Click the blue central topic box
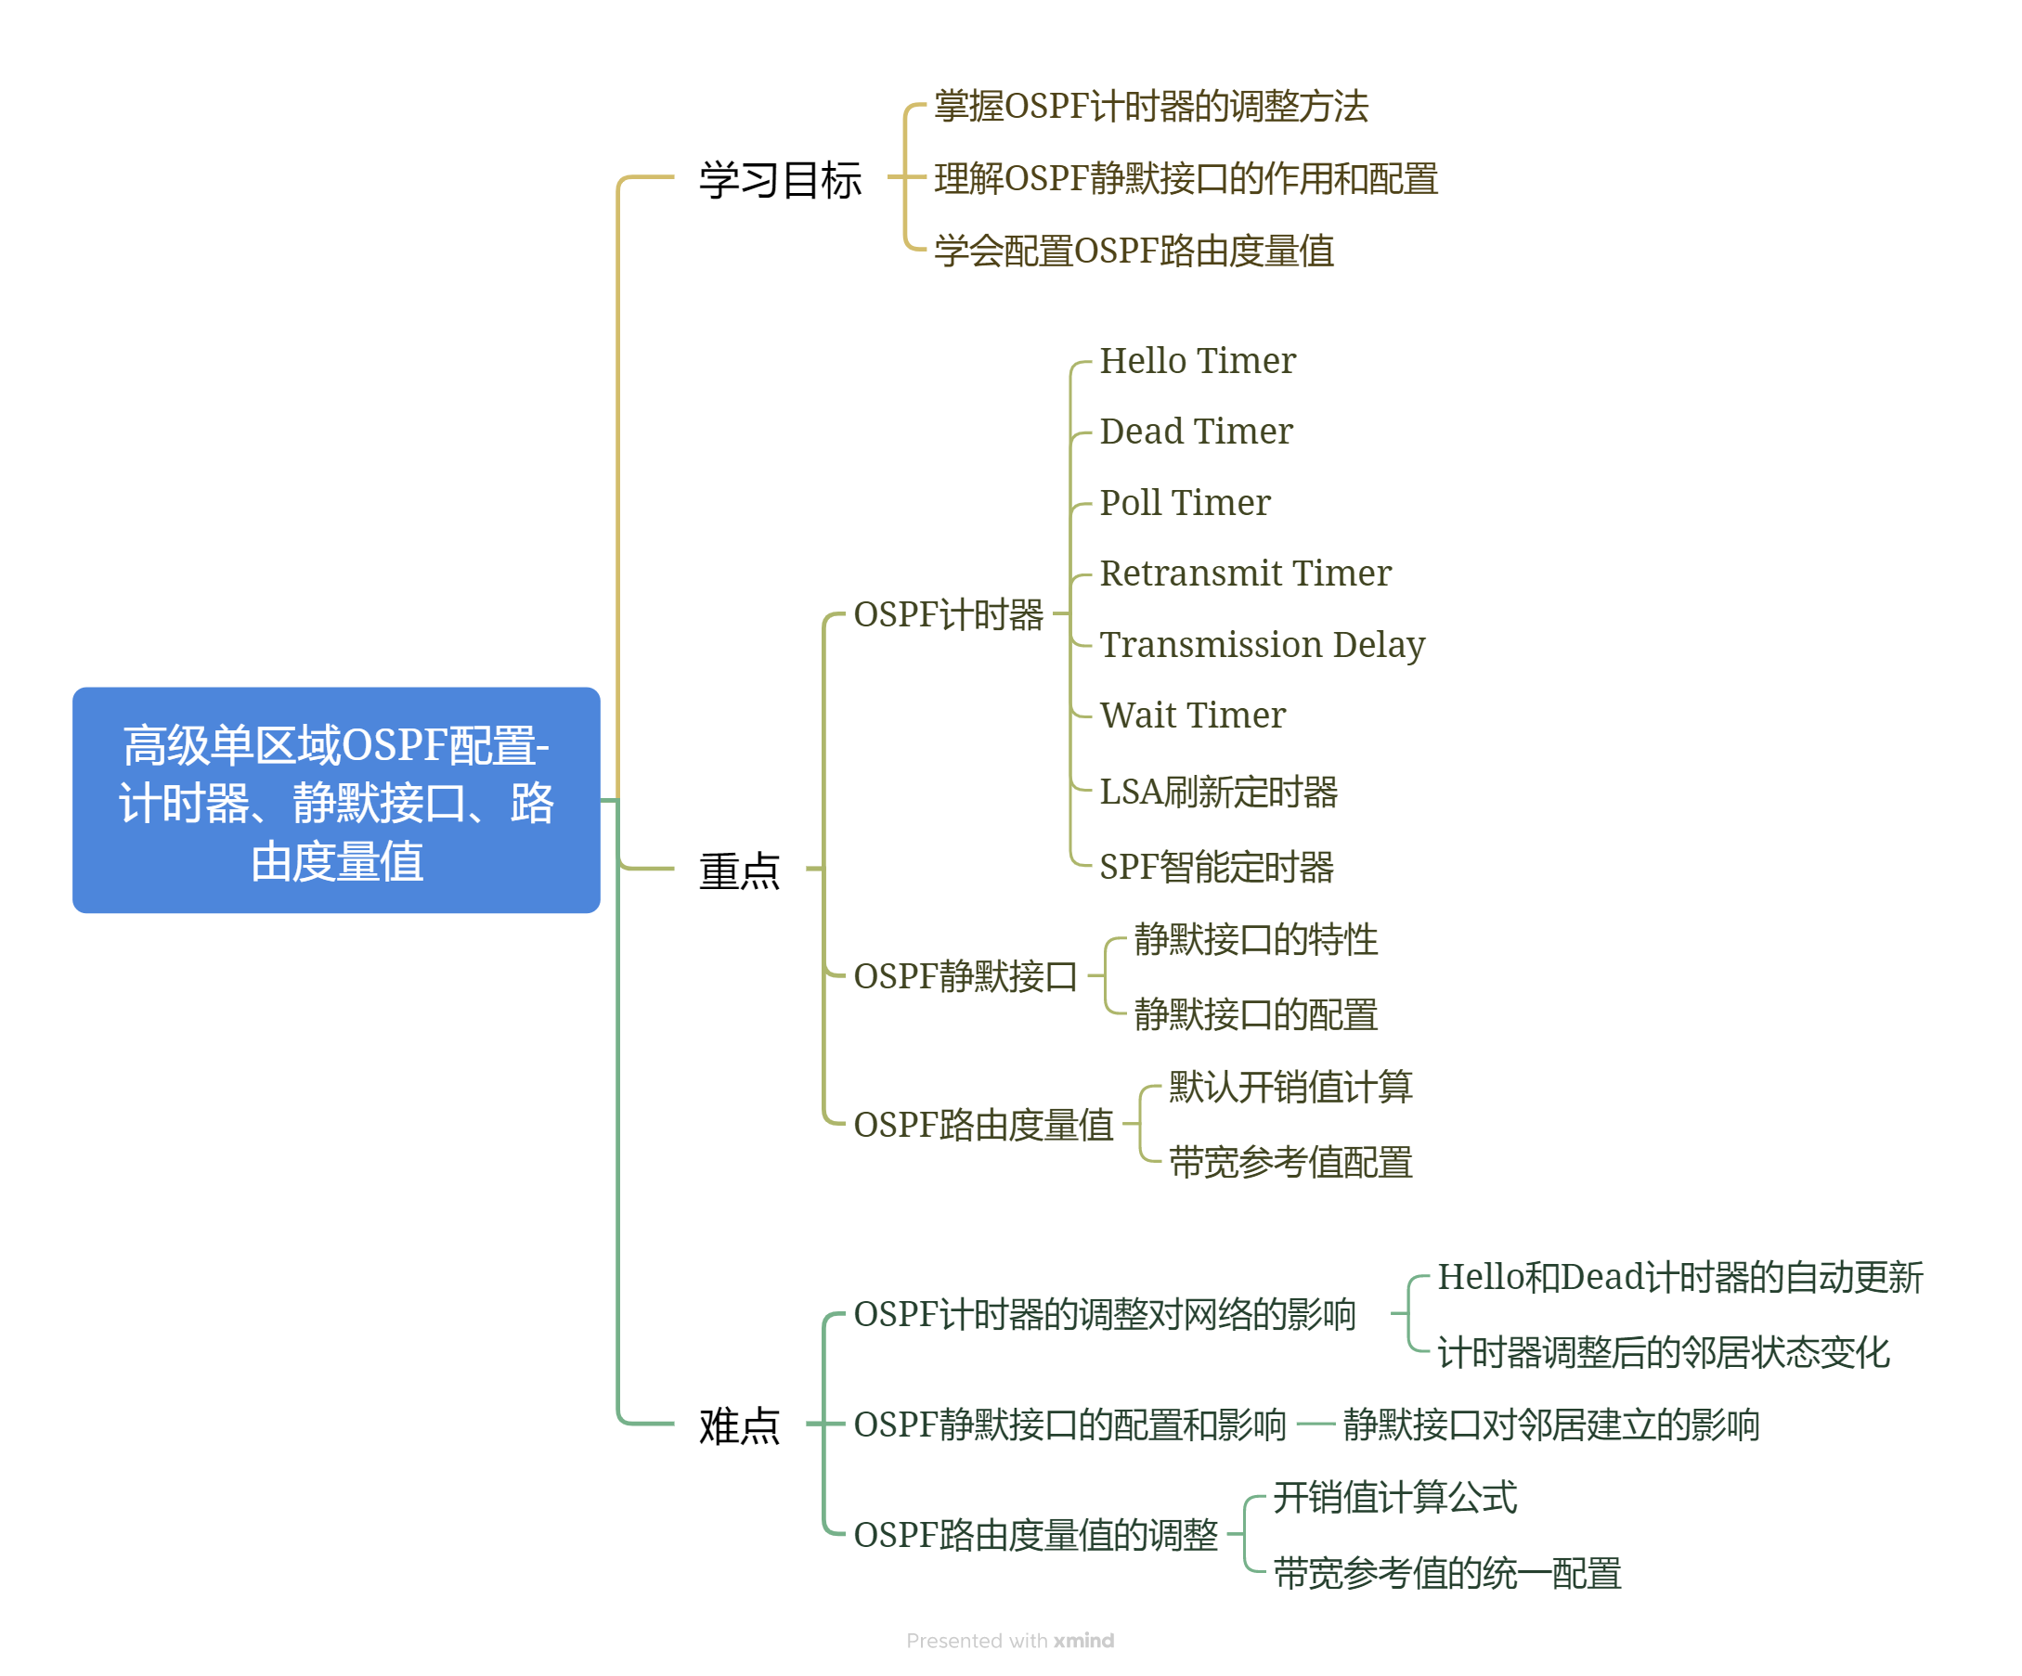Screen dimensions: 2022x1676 (x=336, y=800)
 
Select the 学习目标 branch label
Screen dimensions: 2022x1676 (x=780, y=180)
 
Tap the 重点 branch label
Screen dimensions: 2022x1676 (x=738, y=870)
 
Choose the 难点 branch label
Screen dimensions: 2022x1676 (x=738, y=1425)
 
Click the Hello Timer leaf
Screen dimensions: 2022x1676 (x=1197, y=361)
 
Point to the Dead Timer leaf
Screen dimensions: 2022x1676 (x=1195, y=432)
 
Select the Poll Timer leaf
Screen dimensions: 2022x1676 (x=1185, y=502)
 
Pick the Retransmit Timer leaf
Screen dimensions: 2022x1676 (x=1245, y=574)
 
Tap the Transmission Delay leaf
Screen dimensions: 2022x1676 (x=1262, y=645)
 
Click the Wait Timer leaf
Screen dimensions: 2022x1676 (x=1192, y=716)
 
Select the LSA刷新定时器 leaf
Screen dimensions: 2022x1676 (x=1218, y=792)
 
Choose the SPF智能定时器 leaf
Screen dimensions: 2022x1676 (x=1216, y=867)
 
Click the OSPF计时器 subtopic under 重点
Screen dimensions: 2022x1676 (x=949, y=614)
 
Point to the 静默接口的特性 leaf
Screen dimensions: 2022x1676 (x=1255, y=939)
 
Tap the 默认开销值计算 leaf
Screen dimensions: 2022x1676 (x=1290, y=1087)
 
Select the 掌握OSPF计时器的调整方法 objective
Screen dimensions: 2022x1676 (x=1150, y=106)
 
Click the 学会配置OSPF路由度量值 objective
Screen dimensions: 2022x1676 (x=1134, y=251)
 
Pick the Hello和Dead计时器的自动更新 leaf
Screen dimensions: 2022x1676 (x=1679, y=1278)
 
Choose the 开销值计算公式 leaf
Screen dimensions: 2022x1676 (x=1394, y=1497)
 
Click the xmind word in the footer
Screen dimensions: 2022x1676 (x=1083, y=1641)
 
